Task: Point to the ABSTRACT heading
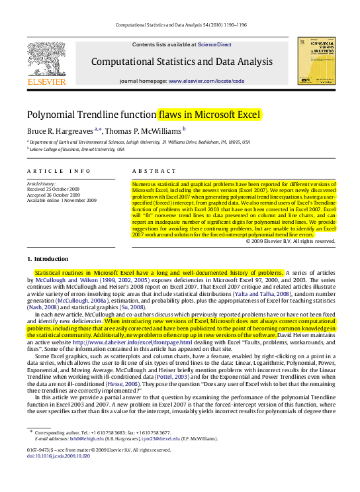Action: tap(150, 171)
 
